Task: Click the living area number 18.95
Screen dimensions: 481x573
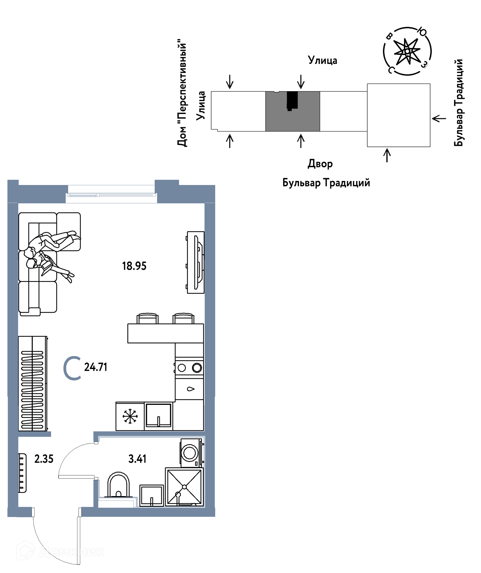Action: (134, 266)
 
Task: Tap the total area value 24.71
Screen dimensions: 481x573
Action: (95, 367)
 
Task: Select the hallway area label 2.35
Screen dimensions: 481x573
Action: (44, 459)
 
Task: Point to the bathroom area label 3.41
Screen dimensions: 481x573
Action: (137, 459)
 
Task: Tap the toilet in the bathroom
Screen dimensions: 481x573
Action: (118, 485)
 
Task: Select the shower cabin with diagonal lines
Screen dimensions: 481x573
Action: (184, 487)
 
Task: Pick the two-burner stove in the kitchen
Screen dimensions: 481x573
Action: (189, 368)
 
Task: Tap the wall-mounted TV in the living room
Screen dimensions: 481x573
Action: (195, 263)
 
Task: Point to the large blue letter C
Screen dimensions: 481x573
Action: (72, 368)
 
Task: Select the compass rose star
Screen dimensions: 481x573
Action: (407, 51)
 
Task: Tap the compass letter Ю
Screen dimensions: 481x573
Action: (422, 32)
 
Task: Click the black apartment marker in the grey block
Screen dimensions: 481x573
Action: (292, 101)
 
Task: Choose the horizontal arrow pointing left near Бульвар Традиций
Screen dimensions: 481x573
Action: (439, 119)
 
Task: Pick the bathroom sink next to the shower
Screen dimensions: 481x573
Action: (151, 496)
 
